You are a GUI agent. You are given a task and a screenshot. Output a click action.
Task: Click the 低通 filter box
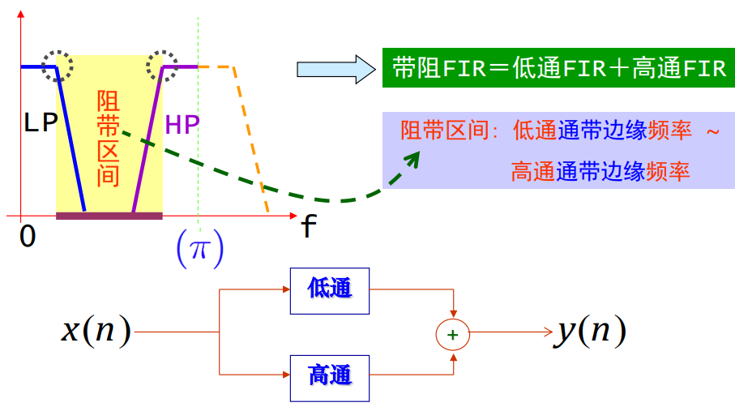(x=330, y=290)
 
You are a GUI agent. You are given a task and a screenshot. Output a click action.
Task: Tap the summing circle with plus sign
(x=453, y=333)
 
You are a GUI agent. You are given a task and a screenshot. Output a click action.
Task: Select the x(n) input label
(x=96, y=332)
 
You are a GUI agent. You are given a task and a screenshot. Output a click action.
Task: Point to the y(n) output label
(x=591, y=331)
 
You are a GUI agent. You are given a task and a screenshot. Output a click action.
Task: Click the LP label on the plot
(x=41, y=123)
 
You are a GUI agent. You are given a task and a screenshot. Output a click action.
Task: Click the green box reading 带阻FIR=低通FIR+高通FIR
(x=558, y=67)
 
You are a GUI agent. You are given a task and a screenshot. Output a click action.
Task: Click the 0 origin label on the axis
(x=28, y=237)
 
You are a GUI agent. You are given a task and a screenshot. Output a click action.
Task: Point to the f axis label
(x=308, y=229)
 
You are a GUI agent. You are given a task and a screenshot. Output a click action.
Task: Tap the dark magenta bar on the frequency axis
(x=109, y=216)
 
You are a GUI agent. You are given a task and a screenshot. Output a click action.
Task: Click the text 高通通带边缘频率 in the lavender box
(x=600, y=171)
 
